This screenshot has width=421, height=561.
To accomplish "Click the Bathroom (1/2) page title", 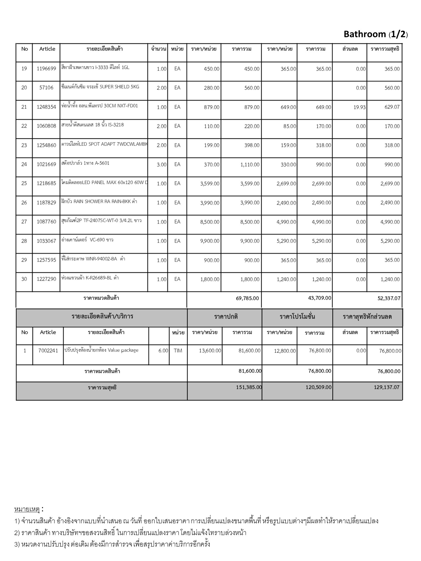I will click(376, 34).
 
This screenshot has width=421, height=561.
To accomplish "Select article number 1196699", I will click(46, 69).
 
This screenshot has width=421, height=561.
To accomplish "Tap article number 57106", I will click(46, 88).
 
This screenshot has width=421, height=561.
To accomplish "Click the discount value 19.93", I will click(359, 107).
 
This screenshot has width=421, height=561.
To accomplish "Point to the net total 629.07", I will click(392, 107).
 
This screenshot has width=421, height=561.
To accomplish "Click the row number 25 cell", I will click(24, 184).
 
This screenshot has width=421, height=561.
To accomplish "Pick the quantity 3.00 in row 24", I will click(161, 165).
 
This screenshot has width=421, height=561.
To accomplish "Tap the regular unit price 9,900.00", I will click(210, 241).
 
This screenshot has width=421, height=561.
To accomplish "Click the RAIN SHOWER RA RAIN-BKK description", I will click(99, 202).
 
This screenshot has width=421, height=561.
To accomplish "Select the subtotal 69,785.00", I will click(247, 298).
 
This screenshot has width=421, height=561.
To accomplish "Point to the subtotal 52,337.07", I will click(389, 298).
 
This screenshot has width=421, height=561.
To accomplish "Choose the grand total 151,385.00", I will click(249, 387).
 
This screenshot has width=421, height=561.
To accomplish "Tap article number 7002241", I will click(48, 351).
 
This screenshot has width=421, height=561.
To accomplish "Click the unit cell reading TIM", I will click(178, 351).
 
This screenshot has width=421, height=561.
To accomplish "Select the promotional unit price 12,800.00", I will click(285, 351).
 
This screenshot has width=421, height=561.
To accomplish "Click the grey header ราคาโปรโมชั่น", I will click(297, 317).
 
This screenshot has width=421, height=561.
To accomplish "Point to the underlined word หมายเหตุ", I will click(27, 509).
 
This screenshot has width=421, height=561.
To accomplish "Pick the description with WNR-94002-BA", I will click(93, 259).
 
